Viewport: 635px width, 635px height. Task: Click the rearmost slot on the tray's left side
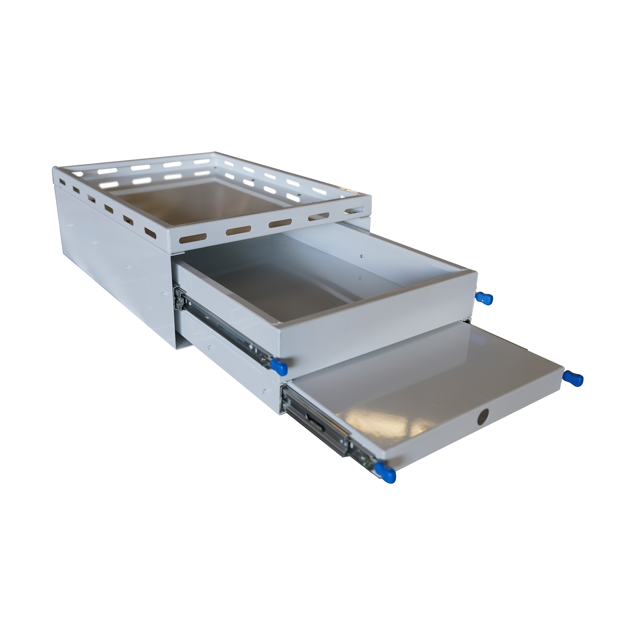pyautogui.click(x=61, y=181)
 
